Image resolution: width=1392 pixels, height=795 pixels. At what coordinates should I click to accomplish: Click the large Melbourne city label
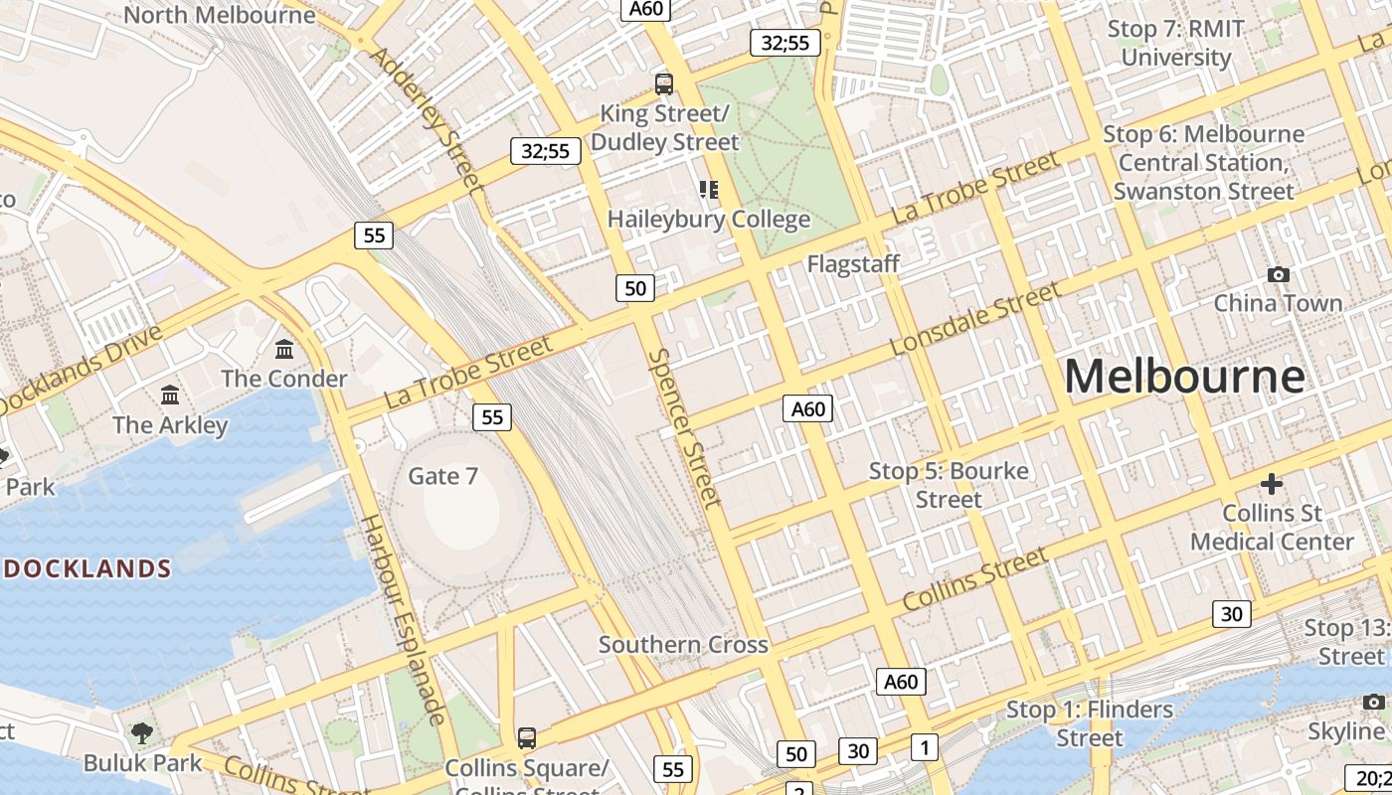(x=1184, y=378)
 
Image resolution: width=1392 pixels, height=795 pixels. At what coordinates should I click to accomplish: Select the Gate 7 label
(x=443, y=476)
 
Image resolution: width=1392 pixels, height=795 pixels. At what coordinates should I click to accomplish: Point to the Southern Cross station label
(x=683, y=644)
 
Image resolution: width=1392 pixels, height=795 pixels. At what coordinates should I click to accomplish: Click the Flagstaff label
(x=853, y=264)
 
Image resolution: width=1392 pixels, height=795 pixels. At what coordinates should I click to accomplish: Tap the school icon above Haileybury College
(x=708, y=189)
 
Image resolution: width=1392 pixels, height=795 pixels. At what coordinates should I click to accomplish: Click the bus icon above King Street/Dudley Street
(x=664, y=84)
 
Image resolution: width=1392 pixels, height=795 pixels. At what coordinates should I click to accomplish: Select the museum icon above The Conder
(x=284, y=349)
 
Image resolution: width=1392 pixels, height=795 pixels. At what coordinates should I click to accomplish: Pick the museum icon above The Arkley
(x=170, y=396)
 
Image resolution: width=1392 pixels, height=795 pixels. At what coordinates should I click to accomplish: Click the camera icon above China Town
(x=1279, y=274)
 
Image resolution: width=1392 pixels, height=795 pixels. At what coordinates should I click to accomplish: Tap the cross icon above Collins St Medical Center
(x=1272, y=484)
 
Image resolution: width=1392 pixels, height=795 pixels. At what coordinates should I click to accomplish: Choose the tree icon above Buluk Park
(x=142, y=733)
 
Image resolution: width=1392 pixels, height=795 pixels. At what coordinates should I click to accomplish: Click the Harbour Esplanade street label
(x=402, y=619)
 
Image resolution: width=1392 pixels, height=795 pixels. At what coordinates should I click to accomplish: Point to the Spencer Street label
(x=684, y=427)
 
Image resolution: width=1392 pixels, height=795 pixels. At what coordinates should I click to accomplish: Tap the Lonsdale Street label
(x=975, y=318)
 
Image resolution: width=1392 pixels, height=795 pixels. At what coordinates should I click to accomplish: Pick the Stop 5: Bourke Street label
(x=949, y=484)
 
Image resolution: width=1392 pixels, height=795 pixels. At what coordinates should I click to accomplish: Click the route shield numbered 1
(x=925, y=747)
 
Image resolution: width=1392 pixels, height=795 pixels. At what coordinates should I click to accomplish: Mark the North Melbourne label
(x=220, y=15)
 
